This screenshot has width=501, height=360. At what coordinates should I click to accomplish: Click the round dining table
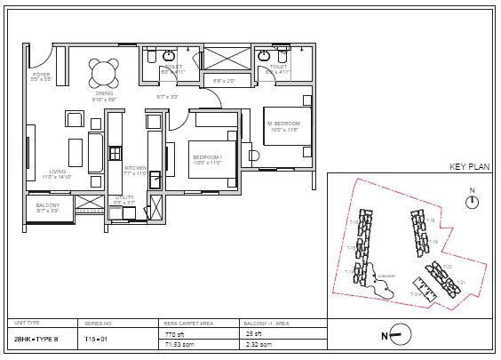[x=104, y=70]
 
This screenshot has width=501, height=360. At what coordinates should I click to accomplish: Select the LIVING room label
[x=57, y=173]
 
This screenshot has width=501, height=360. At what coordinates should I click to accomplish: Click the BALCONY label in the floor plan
[x=47, y=207]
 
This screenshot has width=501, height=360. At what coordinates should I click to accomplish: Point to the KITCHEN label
[x=135, y=169]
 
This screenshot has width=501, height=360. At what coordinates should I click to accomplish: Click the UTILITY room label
[x=124, y=199]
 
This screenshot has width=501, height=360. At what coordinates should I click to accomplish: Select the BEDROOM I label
[x=207, y=159]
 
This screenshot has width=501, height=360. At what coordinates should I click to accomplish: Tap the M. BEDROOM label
[x=283, y=124]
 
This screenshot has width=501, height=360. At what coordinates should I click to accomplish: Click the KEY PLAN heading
[x=470, y=166]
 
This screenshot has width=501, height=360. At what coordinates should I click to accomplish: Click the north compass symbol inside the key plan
[x=473, y=202]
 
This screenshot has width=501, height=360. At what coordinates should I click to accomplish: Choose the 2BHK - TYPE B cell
[x=35, y=338]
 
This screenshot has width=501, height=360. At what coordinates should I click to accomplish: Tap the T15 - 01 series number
[x=95, y=338]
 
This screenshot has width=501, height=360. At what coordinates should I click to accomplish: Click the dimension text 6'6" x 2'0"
[x=224, y=81]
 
